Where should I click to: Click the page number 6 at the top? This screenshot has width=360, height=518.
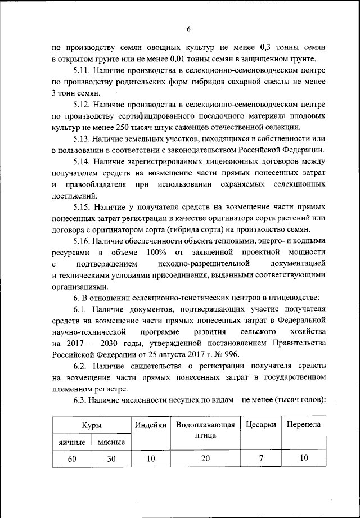click(189, 29)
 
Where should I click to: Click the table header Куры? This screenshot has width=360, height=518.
click(91, 426)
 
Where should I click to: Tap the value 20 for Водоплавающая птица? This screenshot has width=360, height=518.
click(205, 458)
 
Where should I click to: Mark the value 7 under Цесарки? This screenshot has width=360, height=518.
click(261, 458)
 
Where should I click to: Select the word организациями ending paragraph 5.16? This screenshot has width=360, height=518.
click(79, 285)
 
